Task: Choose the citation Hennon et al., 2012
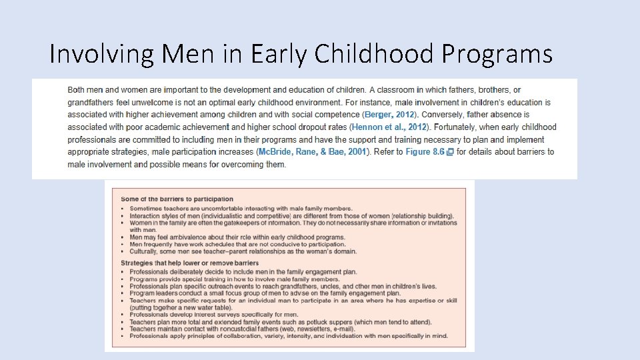point(389,127)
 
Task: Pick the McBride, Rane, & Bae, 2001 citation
point(312,152)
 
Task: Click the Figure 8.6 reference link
point(425,152)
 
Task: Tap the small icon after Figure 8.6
point(450,152)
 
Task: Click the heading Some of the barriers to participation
point(177,199)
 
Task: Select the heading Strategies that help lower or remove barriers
point(189,263)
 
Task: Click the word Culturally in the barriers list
point(146,251)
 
